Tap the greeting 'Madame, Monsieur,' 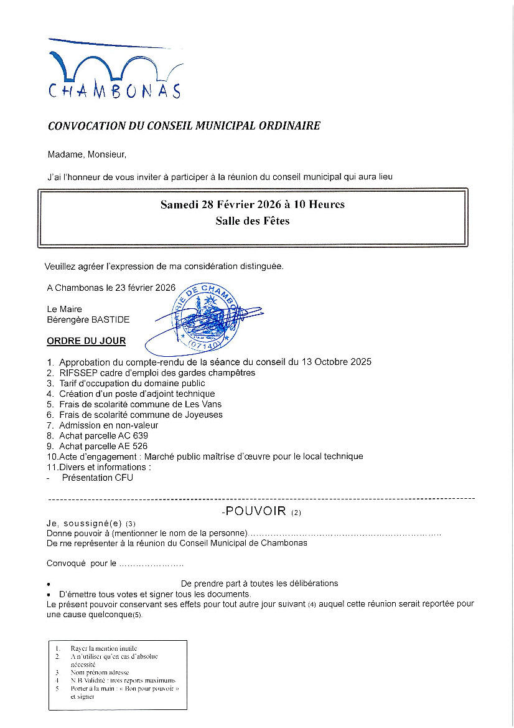[86, 154]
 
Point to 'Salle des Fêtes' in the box [252, 220]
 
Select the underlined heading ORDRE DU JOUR [86, 341]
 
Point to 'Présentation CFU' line [97, 478]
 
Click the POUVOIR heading [256, 511]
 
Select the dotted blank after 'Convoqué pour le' [151, 564]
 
